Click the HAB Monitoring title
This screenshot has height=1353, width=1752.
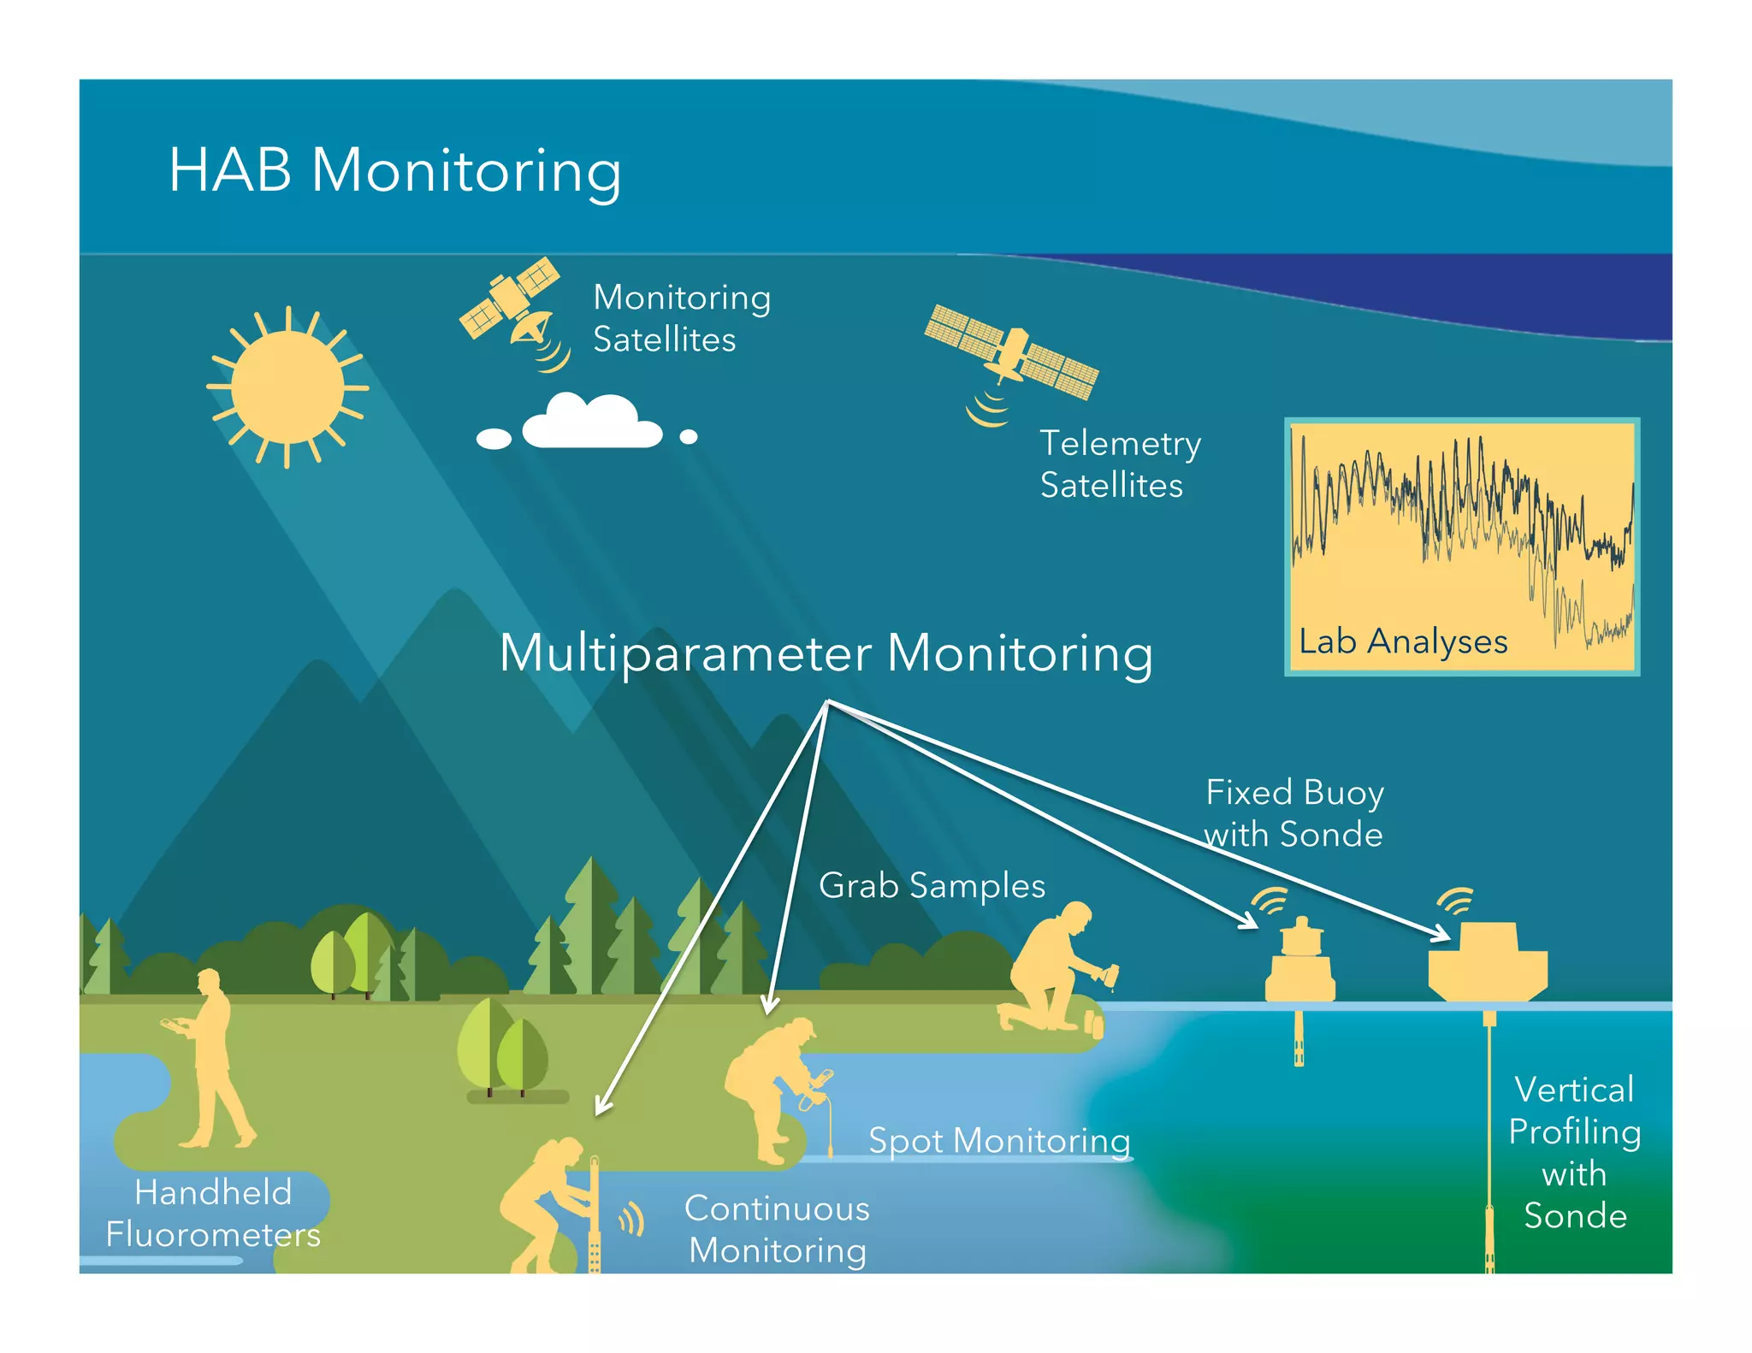click(x=394, y=170)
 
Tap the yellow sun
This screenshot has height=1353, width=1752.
click(x=287, y=387)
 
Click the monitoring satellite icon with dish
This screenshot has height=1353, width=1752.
click(x=512, y=308)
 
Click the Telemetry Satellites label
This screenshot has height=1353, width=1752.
click(x=1119, y=464)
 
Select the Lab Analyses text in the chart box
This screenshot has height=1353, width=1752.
click(x=1402, y=641)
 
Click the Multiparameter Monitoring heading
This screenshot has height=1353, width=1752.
click(x=826, y=653)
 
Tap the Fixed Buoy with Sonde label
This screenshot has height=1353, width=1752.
click(x=1293, y=812)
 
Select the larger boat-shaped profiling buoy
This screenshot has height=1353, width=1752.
click(x=1488, y=965)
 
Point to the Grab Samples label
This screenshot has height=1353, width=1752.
click(x=932, y=886)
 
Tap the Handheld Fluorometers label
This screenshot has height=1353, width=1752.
click(x=213, y=1214)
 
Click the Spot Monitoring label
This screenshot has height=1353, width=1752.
click(x=999, y=1141)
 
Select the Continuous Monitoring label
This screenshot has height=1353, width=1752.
click(x=777, y=1230)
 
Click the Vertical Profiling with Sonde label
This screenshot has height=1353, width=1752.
click(x=1574, y=1153)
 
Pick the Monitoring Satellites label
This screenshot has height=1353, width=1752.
click(x=681, y=318)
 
